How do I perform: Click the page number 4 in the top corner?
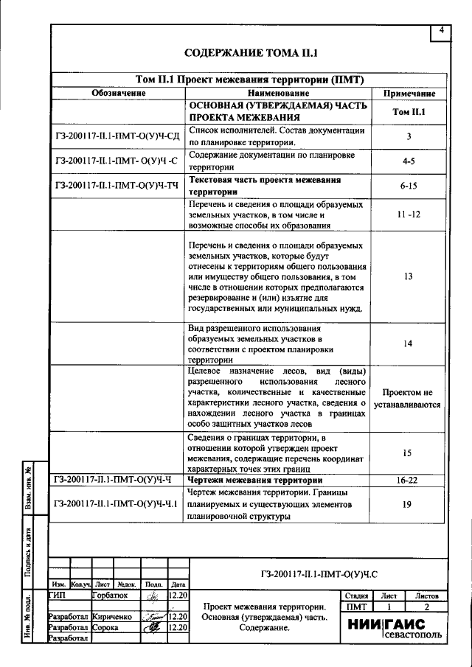click(440, 31)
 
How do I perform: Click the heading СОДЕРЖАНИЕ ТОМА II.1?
click(250, 54)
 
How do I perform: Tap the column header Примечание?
click(409, 94)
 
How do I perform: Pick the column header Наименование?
click(278, 94)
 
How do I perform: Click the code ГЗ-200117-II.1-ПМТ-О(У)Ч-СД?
click(117, 137)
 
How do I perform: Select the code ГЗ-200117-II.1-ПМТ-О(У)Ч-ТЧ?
click(117, 186)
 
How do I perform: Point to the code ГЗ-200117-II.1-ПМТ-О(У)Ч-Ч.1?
click(117, 504)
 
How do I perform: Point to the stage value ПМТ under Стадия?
click(356, 606)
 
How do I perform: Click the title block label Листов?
click(426, 595)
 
